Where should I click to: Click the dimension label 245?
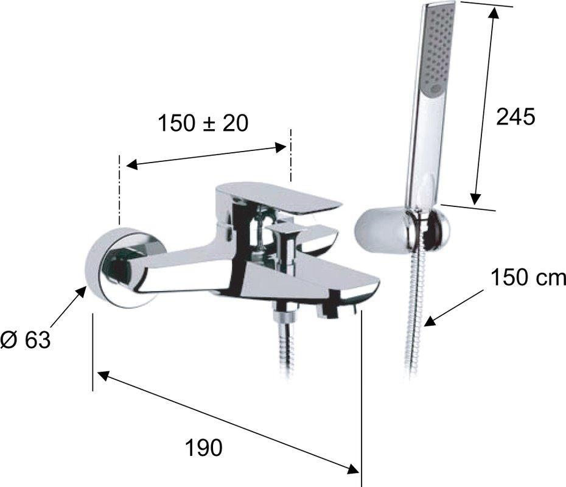click(515, 117)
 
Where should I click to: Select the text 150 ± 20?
click(203, 123)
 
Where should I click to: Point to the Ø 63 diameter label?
click(26, 340)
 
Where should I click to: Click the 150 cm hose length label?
click(528, 278)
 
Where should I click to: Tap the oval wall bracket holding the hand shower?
click(402, 229)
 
